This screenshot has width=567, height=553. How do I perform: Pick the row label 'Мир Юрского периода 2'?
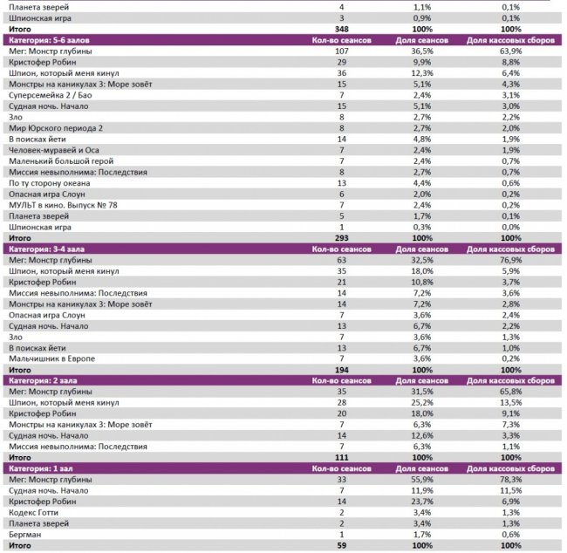56,128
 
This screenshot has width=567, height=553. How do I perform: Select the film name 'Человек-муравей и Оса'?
54,150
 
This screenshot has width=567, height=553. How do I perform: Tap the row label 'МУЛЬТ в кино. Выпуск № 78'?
63,205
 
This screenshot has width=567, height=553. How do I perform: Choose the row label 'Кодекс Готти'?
36,513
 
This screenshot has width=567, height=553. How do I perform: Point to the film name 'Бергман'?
26,535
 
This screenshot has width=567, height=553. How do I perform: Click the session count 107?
341,51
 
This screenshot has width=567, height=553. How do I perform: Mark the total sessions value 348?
341,29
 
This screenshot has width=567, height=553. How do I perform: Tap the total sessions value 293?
341,238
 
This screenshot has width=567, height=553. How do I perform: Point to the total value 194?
341,370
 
